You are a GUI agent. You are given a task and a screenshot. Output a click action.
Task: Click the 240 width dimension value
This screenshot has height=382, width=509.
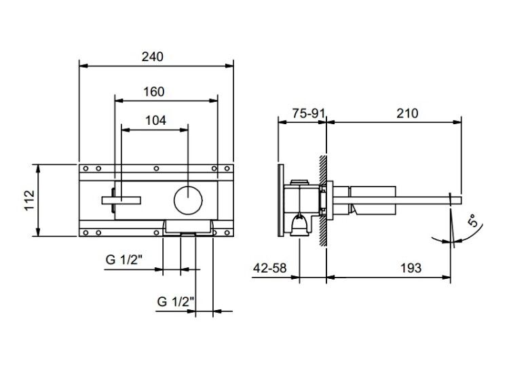coord(153,57)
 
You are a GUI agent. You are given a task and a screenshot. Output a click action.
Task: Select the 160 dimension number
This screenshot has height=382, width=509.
coord(154,92)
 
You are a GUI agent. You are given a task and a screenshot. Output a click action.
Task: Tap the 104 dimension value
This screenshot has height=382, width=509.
coord(155,120)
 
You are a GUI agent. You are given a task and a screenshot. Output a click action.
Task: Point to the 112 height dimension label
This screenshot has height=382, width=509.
coord(30,200)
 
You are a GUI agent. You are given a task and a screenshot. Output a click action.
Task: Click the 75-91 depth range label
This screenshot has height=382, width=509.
coord(308,113)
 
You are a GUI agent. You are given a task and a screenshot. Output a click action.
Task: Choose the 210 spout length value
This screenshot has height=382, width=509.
coord(407,113)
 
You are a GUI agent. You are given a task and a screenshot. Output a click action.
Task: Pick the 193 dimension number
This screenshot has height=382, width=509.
coord(411,268)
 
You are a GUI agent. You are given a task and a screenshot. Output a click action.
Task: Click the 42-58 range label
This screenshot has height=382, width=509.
coord(270,268)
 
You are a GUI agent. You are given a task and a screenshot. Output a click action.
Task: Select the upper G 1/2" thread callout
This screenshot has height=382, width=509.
coord(124,260)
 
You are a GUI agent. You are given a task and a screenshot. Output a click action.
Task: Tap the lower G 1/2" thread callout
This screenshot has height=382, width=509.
coord(176,301)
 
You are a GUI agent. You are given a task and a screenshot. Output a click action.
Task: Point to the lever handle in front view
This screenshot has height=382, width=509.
coord(121,200)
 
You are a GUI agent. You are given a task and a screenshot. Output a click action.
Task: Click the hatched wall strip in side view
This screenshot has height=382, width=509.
coord(323,202)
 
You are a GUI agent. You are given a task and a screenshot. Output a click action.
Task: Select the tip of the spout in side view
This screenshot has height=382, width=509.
coord(461,200)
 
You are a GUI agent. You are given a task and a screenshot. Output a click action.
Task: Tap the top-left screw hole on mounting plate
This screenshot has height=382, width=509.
coord(86,168)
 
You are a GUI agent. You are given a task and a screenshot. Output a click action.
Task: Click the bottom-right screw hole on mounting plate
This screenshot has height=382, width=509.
coord(227,233)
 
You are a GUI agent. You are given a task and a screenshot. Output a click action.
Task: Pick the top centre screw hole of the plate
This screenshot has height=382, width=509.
coord(156,168)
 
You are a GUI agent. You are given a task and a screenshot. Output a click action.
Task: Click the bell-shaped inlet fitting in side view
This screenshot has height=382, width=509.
coord(299,225)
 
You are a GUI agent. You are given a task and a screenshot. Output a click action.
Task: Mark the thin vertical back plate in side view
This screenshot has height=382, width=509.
coord(281,200)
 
